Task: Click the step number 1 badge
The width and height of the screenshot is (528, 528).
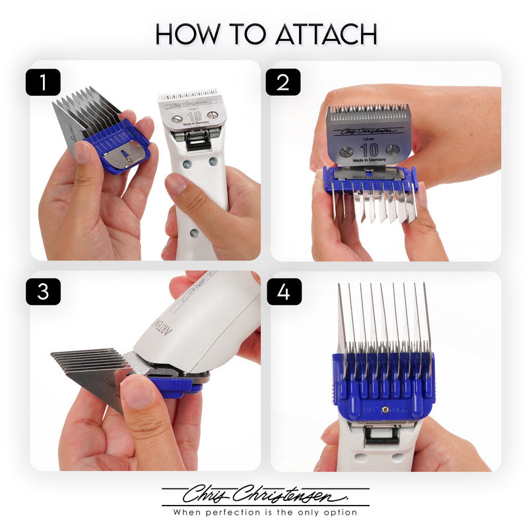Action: [44, 82]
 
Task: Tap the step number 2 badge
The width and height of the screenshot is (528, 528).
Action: [283, 82]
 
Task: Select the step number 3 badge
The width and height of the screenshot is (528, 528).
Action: [44, 292]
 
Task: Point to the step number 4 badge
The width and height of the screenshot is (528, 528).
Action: [283, 292]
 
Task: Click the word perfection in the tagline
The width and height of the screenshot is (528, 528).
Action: [247, 512]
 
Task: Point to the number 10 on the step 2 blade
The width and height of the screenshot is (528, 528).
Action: [369, 149]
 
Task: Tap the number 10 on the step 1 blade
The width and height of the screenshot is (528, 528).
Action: [193, 117]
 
